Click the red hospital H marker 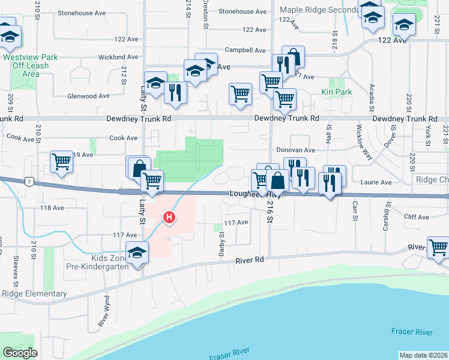tap(170, 218)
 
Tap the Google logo tap(20, 353)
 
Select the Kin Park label tap(336, 92)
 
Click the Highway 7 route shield tap(28, 181)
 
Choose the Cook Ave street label tap(123, 138)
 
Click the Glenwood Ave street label tap(88, 95)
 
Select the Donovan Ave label tap(295, 150)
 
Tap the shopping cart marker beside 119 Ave tap(62, 161)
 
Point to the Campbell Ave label tap(245, 50)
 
